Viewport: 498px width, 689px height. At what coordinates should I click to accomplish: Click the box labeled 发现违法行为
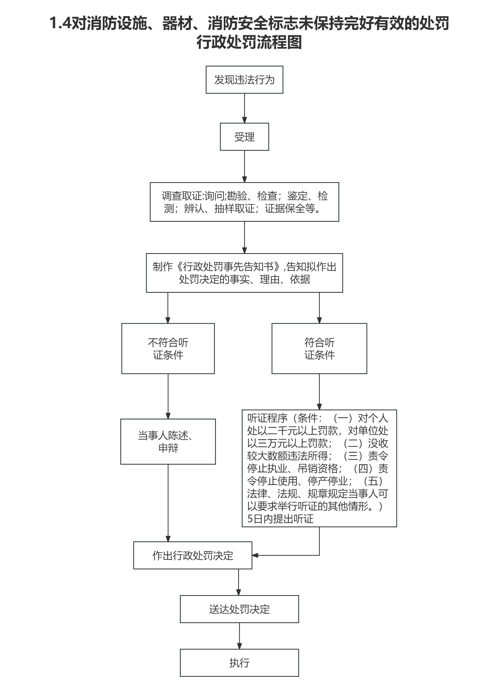pos(244,80)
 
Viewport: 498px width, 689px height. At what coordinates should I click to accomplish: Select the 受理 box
pos(244,137)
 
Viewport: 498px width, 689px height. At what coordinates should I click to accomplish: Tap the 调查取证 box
pos(244,202)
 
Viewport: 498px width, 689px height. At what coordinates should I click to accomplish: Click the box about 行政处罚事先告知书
pos(244,273)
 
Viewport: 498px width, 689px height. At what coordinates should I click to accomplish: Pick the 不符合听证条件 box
pos(168,348)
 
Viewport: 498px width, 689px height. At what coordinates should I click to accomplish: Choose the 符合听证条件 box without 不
pos(319,348)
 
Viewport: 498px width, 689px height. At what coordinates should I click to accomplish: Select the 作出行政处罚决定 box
pos(193,555)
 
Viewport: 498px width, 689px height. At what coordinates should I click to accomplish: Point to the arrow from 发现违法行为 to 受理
pos(244,108)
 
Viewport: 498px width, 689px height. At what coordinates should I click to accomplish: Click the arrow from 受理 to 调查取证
pos(244,166)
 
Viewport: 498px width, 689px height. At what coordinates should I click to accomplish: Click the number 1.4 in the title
pos(60,23)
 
